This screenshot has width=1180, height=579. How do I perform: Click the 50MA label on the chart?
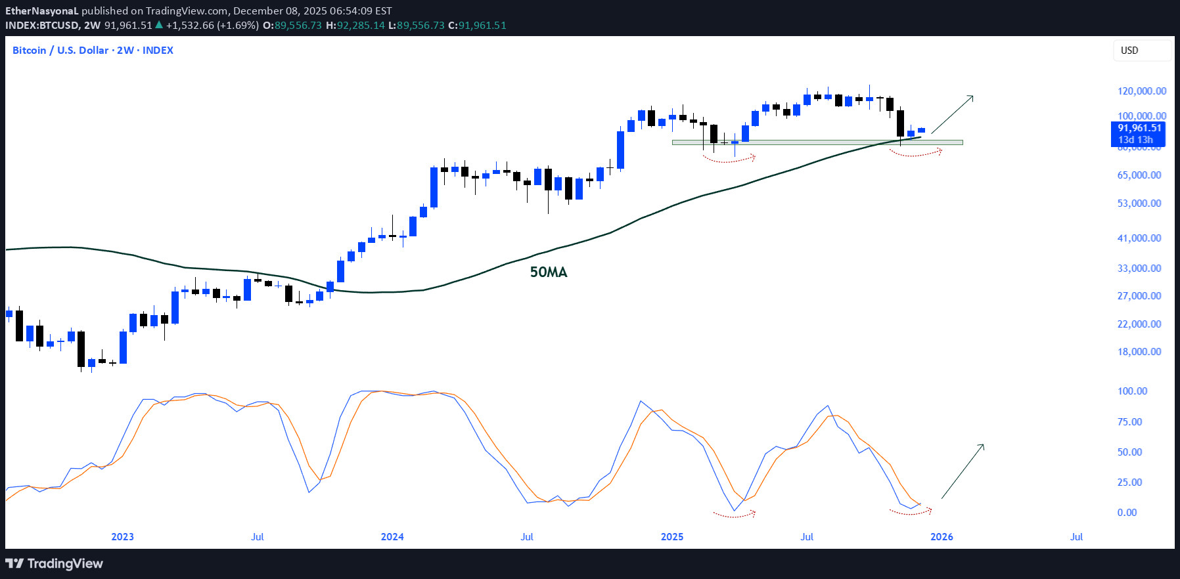tap(549, 272)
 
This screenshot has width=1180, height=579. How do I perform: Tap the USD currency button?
tap(1141, 51)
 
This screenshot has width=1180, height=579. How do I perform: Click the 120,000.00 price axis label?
tap(1142, 91)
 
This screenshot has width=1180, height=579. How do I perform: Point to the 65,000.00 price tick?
tap(1139, 175)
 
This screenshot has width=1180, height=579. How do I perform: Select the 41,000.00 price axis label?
tap(1139, 238)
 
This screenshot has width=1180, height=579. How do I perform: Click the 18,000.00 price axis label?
tap(1139, 352)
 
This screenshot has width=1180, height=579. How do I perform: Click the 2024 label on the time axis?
tap(392, 537)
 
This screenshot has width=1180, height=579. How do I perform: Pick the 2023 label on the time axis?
tap(122, 537)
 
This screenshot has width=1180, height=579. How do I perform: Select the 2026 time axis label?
tap(942, 537)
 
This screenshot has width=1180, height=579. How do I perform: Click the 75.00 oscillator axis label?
tap(1129, 422)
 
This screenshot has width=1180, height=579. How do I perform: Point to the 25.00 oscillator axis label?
tap(1129, 482)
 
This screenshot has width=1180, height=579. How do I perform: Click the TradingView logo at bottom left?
tap(55, 564)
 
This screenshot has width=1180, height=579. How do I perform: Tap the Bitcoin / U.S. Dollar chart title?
tap(93, 51)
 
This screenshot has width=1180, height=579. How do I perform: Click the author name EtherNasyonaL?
tap(41, 11)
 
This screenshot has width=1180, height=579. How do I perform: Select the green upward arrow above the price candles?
tap(952, 115)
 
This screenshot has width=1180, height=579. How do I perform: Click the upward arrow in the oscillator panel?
tap(963, 471)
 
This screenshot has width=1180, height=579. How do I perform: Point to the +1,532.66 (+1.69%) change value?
tap(212, 26)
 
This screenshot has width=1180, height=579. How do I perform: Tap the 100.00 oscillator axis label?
tap(1132, 391)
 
